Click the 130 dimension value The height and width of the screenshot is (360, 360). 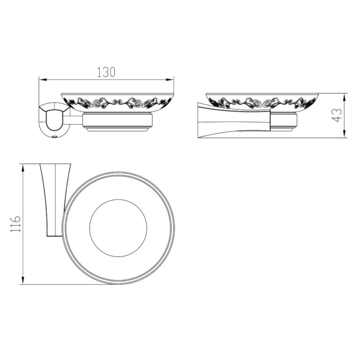click(106, 72)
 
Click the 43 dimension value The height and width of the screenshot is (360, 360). click(337, 115)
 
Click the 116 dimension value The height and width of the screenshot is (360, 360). click(16, 224)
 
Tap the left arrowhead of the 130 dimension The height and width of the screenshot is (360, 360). click(43, 80)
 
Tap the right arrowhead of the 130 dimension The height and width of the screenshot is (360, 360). click(170, 80)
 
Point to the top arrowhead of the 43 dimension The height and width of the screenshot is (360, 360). click(344, 98)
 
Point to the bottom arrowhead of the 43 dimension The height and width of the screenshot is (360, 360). click(344, 134)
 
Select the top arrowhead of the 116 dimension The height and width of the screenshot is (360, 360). click(23, 168)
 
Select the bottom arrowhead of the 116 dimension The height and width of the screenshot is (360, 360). click(23, 280)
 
